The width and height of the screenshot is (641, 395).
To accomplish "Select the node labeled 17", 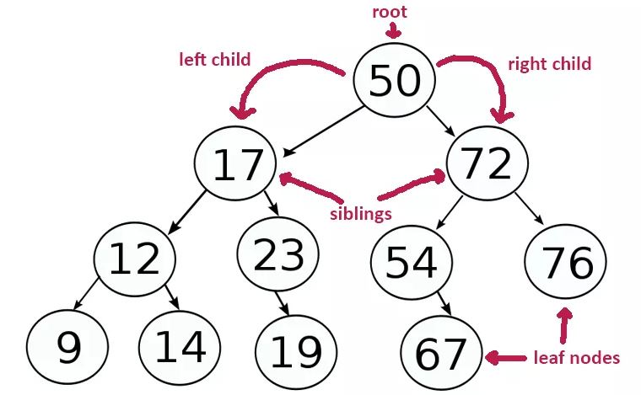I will click(235, 165).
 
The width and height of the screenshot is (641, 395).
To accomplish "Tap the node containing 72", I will click(487, 164).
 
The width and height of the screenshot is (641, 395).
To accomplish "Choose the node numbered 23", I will click(277, 255).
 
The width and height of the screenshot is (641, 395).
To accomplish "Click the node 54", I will click(412, 263).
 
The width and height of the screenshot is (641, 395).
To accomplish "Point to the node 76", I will click(565, 262).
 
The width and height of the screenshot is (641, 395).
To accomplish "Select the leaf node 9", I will click(67, 347).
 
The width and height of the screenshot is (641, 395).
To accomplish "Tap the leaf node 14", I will click(180, 346).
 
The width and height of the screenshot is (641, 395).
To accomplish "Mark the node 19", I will click(295, 352).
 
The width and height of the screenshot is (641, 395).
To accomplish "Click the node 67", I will click(440, 355).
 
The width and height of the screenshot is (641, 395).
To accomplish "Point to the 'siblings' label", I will click(360, 213).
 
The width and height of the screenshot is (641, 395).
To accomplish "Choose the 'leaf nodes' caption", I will click(577, 358).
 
